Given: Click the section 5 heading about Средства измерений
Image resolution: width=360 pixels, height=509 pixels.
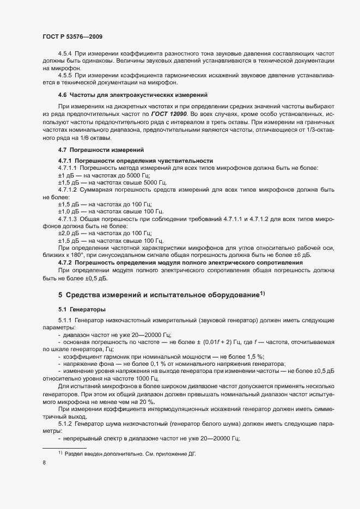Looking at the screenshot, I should pos(162,295).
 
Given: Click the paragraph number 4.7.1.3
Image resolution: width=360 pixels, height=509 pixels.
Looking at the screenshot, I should pos(69,218).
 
